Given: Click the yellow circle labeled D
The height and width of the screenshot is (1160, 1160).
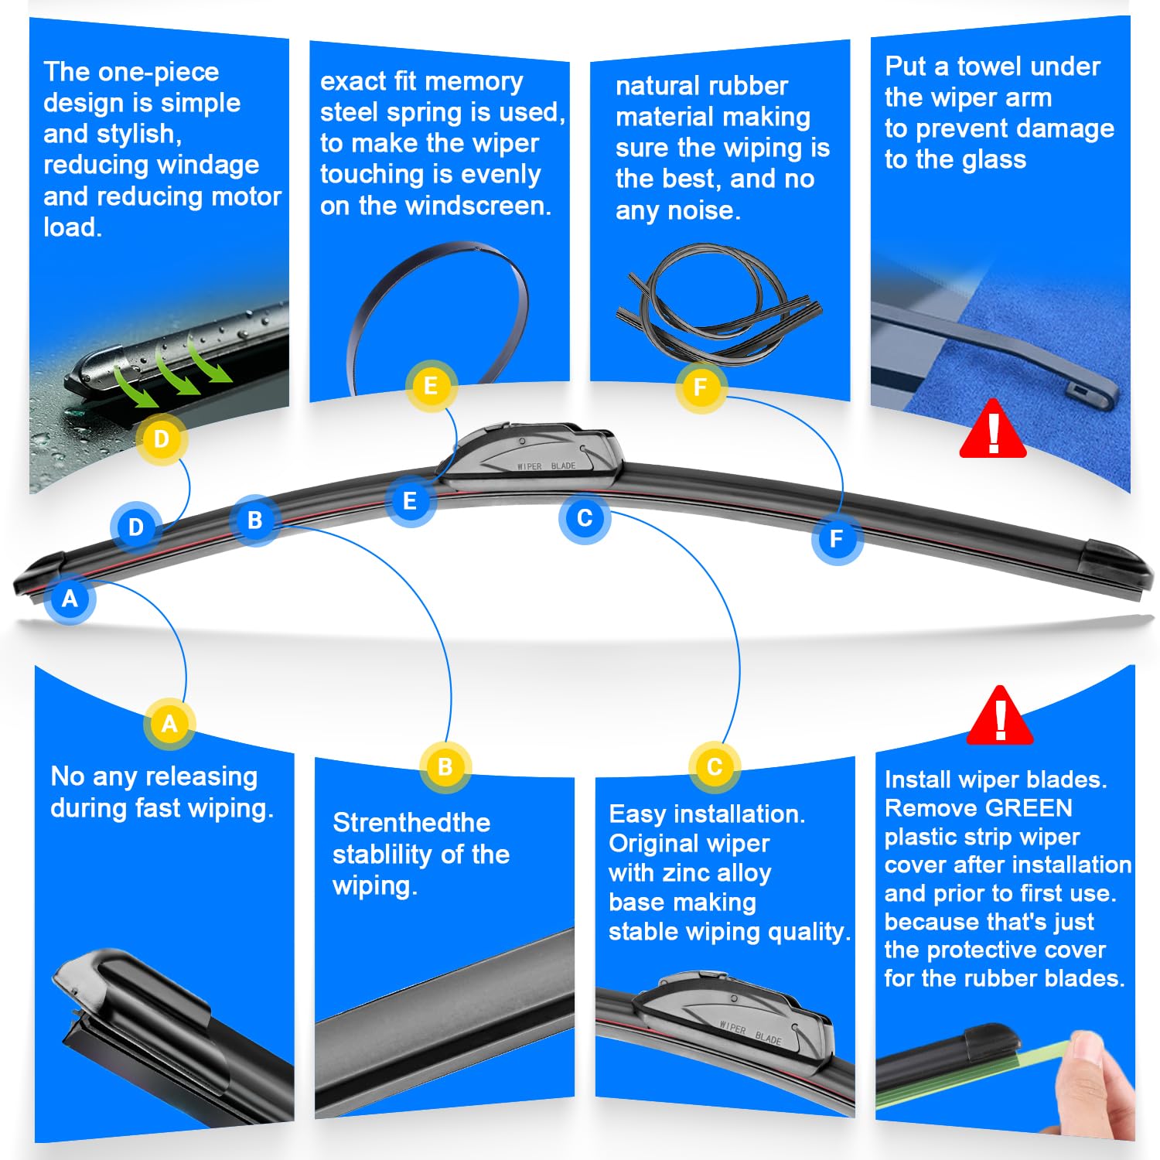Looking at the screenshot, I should pyautogui.click(x=162, y=439).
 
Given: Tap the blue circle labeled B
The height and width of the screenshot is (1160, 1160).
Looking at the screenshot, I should pyautogui.click(x=254, y=520).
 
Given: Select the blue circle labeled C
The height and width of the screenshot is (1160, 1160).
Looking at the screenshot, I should pyautogui.click(x=585, y=517).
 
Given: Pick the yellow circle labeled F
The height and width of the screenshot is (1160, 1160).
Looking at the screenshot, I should pyautogui.click(x=701, y=387).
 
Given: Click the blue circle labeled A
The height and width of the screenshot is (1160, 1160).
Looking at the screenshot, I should pyautogui.click(x=70, y=598).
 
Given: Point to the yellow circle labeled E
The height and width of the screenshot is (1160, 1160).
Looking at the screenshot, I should pyautogui.click(x=431, y=385).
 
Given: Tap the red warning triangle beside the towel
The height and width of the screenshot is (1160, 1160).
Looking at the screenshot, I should pyautogui.click(x=993, y=431).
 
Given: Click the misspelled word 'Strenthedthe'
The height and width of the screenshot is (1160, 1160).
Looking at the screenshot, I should pyautogui.click(x=411, y=823).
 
